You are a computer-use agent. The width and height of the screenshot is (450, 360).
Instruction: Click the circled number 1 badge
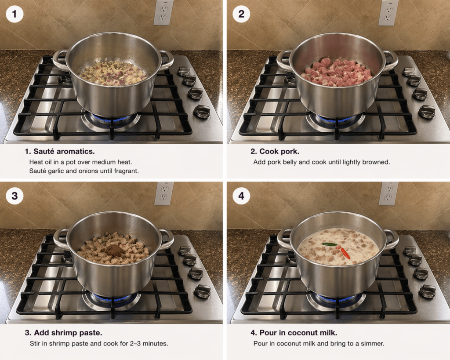[15, 14]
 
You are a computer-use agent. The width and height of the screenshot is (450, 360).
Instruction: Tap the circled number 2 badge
[241, 14]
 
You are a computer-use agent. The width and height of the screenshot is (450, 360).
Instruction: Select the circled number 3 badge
[15, 196]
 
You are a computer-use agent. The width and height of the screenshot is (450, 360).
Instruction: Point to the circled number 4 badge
[241, 196]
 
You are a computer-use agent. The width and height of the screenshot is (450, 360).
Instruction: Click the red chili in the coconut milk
[345, 253]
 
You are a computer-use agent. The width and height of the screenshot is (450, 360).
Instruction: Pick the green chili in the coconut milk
[330, 244]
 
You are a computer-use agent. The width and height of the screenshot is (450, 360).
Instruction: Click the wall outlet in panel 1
[163, 13]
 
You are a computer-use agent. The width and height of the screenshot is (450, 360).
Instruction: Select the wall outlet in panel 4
[388, 193]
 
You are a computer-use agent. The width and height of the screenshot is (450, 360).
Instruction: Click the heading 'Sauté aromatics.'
[60, 151]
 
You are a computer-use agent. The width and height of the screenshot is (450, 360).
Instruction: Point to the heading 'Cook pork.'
[275, 151]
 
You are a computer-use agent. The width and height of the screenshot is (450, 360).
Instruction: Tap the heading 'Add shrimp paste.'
[63, 333]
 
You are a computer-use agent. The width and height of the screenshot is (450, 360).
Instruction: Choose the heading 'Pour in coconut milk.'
[294, 333]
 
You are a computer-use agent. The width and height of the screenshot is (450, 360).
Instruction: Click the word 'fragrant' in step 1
[127, 171]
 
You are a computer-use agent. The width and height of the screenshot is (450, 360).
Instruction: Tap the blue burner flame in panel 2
[335, 118]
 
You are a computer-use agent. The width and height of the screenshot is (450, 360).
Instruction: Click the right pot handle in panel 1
[167, 60]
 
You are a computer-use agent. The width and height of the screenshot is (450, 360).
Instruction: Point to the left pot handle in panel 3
[61, 239]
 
